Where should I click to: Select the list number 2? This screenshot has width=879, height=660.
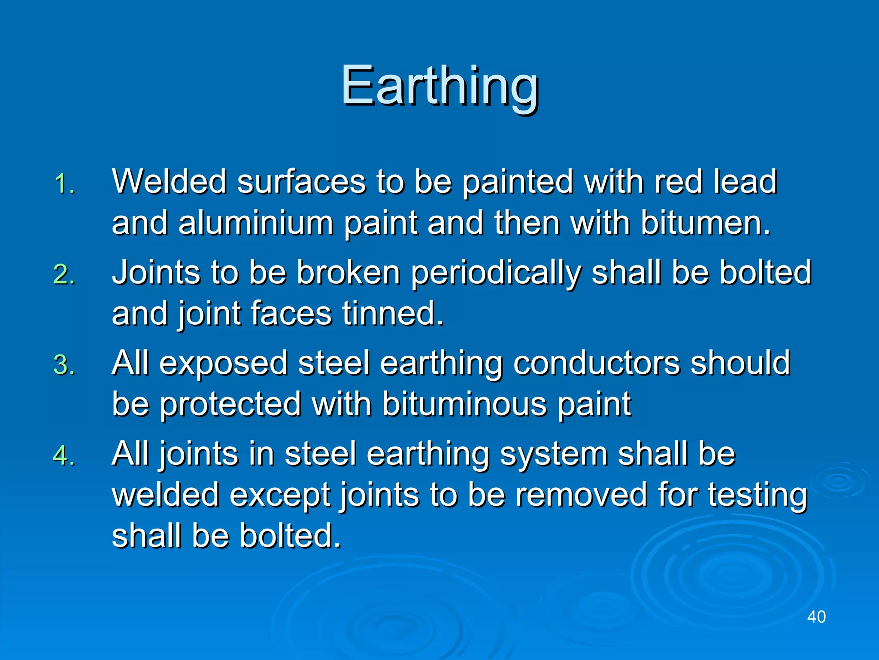click(64, 275)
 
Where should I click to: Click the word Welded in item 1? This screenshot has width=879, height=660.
click(169, 181)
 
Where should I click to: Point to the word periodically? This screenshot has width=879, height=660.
click(496, 273)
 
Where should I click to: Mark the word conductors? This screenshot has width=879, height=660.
click(596, 363)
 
